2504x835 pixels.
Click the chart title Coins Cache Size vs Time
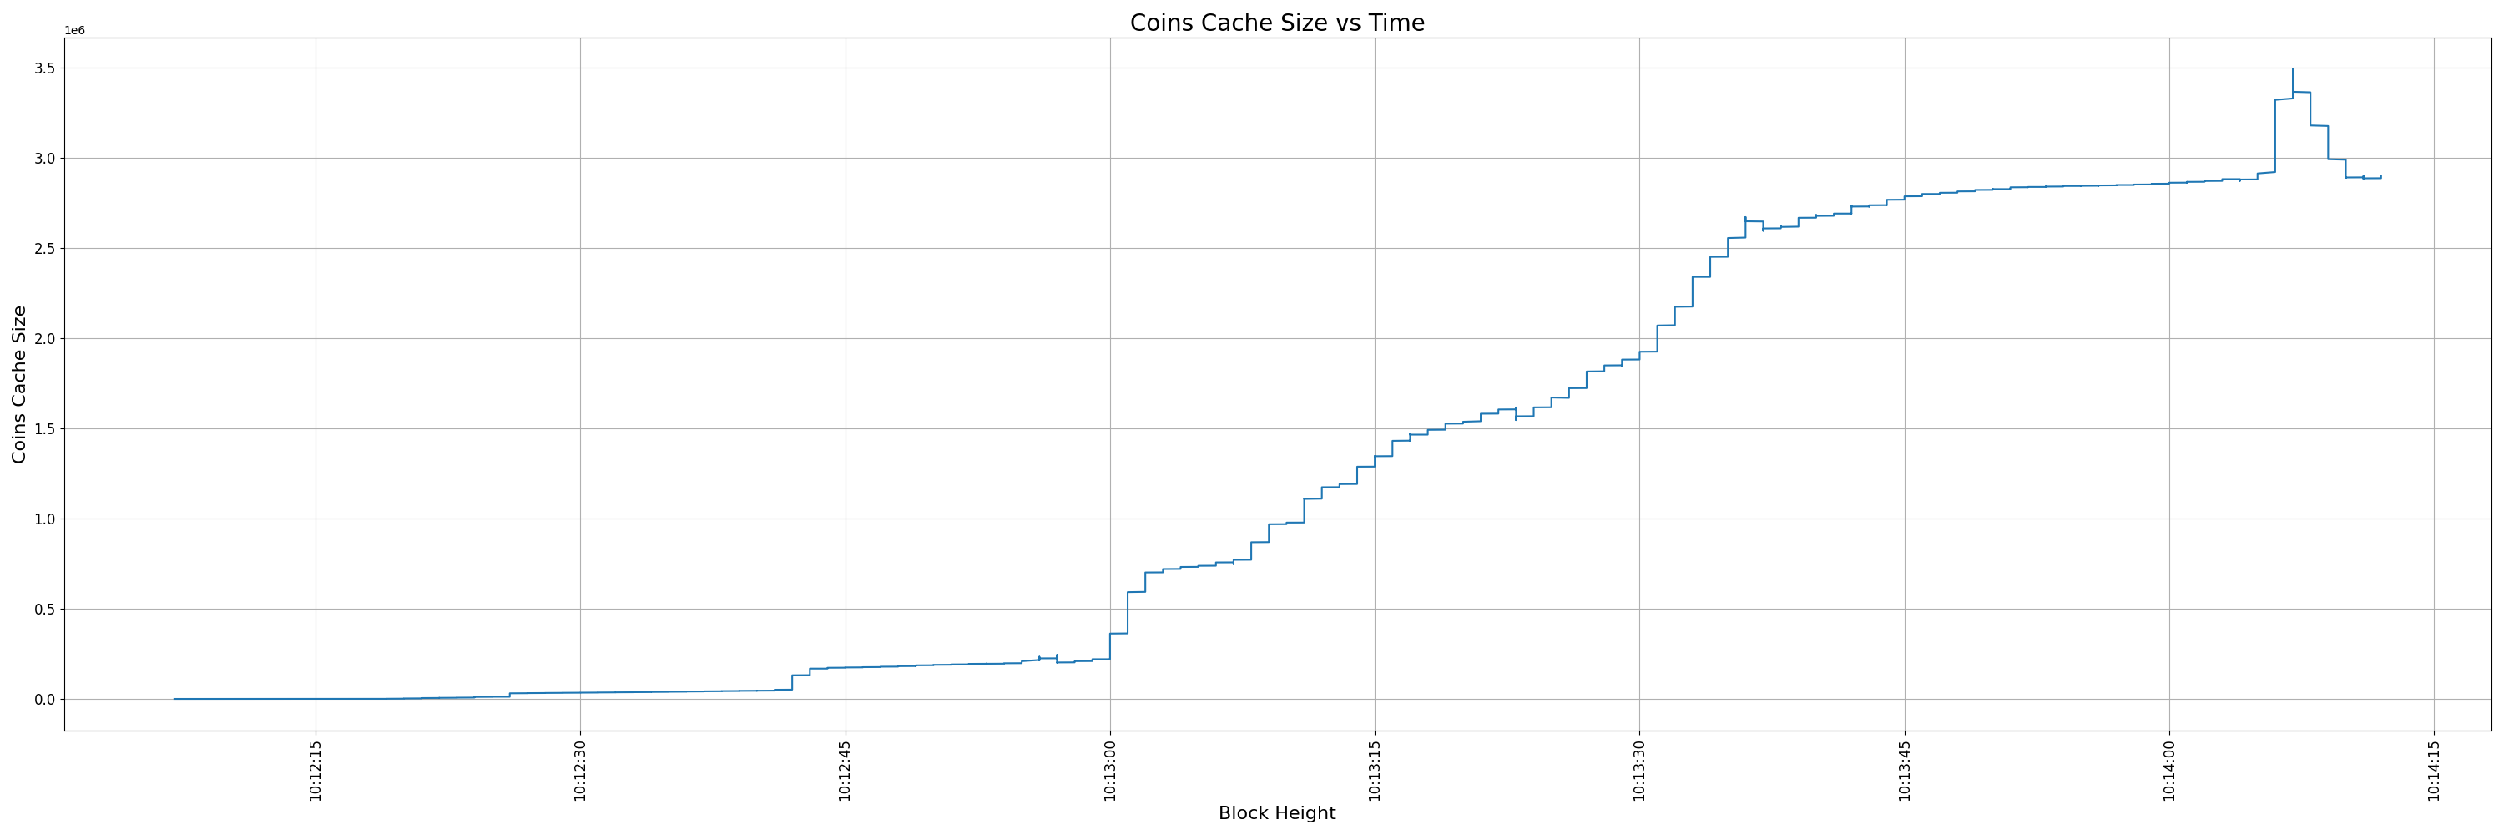pyautogui.click(x=1276, y=23)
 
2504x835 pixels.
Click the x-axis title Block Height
pyautogui.click(x=1276, y=813)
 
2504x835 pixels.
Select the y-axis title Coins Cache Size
pyautogui.click(x=19, y=384)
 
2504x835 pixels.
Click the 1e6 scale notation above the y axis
pyautogui.click(x=75, y=31)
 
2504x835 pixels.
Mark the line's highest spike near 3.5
pyautogui.click(x=2293, y=71)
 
